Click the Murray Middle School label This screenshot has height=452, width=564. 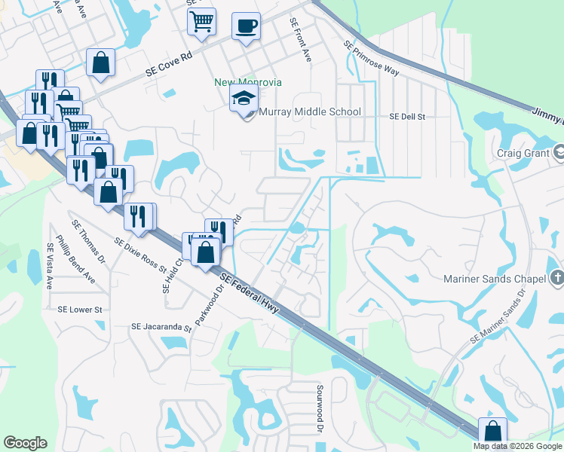[310, 112]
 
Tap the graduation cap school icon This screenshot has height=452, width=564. [244, 99]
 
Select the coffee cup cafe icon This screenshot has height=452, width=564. [246, 27]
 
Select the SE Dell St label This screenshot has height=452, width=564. [407, 118]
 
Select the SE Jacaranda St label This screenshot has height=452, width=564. [161, 327]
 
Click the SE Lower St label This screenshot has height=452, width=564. [79, 310]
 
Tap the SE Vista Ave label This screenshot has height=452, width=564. [50, 267]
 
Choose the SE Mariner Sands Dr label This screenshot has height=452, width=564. [497, 316]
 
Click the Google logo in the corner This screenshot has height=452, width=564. [25, 443]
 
